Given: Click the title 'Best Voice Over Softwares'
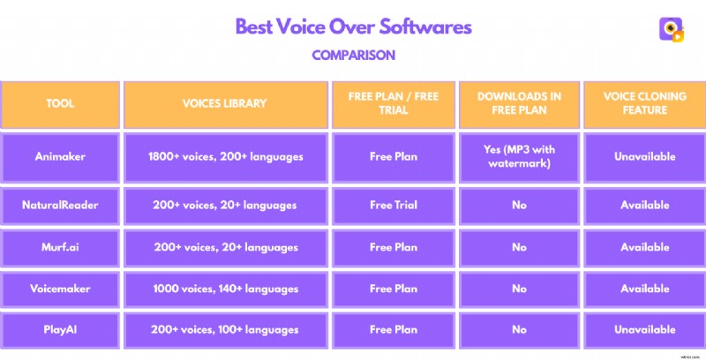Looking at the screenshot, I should (x=353, y=26).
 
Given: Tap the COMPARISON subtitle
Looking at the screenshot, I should (x=353, y=55).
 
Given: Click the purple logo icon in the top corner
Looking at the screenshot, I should (x=672, y=29).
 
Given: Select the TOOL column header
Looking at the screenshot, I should (x=60, y=103).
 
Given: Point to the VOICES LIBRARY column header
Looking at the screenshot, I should (x=224, y=103).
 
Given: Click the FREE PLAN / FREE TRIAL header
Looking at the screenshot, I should (x=394, y=103).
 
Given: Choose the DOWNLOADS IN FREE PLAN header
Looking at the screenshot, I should (x=519, y=103).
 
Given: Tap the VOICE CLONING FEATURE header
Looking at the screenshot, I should (x=644, y=103).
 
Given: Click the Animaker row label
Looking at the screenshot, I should (x=60, y=156).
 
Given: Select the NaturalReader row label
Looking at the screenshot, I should (x=60, y=205).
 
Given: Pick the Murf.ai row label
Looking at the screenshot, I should (x=60, y=247).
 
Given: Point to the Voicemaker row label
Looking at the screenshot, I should (x=60, y=289).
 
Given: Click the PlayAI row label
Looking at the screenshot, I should (x=60, y=330).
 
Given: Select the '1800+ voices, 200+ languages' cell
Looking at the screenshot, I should (x=224, y=156).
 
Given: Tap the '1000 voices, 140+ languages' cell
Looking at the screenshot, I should (x=224, y=289).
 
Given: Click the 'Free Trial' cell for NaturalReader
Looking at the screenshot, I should (x=394, y=205).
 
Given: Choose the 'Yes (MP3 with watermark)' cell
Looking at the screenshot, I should (x=519, y=156).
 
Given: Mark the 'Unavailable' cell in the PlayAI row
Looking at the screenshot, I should (x=644, y=330).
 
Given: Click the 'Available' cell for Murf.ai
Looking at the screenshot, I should (x=644, y=247).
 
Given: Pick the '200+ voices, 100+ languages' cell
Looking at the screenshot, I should (x=224, y=330).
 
